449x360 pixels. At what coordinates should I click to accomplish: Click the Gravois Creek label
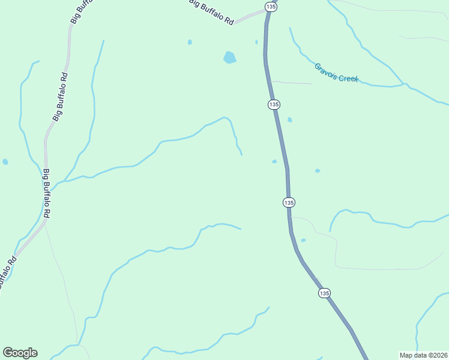[336, 73]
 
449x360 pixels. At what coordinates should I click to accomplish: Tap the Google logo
[20, 353]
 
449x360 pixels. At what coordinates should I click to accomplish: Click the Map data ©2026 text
[423, 355]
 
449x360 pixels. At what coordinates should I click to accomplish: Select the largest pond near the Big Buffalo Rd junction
[229, 58]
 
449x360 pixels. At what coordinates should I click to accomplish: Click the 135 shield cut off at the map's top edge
[270, 6]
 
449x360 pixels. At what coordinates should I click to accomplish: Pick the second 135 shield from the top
[274, 104]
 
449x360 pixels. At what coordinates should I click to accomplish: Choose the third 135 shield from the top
[289, 203]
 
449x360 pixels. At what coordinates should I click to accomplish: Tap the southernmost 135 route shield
[324, 293]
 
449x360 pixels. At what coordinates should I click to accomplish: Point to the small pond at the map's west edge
[5, 162]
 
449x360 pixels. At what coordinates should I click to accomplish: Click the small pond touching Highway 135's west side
[274, 161]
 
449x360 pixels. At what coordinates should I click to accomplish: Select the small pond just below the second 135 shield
[290, 120]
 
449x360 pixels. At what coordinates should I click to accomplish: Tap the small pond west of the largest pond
[190, 42]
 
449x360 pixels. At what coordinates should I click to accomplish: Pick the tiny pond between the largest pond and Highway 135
[256, 42]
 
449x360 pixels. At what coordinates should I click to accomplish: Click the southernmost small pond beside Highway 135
[303, 241]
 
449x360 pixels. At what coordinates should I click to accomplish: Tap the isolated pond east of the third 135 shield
[318, 170]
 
